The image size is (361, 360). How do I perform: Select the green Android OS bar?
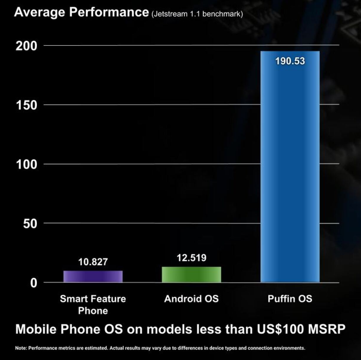pos(191,275)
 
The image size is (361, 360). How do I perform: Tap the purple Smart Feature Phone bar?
pos(93,276)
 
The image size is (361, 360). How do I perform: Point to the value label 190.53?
pos(290,61)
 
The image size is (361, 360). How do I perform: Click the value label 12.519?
pos(191,258)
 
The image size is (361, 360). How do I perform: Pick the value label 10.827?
pos(93,262)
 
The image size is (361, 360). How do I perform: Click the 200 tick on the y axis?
pos(27,46)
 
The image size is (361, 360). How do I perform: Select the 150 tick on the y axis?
pos(27,105)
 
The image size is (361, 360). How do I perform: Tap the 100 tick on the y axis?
pos(27,164)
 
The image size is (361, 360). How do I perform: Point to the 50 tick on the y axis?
pos(30,224)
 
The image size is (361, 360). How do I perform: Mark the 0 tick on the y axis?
pos(34,283)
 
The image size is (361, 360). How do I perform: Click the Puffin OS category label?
pos(290,299)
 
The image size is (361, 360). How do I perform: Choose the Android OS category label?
pos(191,299)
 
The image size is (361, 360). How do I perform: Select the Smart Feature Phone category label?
pos(93,304)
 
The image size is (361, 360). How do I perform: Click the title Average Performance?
pos(81,12)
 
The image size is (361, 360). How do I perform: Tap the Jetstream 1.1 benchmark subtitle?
pos(197,14)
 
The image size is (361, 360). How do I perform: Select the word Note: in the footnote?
pos(21,348)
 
